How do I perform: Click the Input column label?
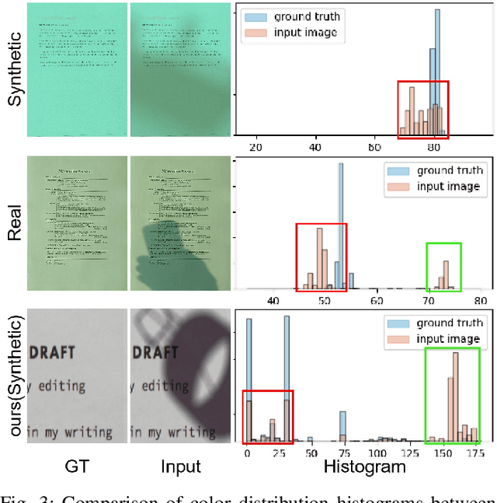pyautogui.click(x=180, y=467)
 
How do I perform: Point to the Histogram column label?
pyautogui.click(x=364, y=467)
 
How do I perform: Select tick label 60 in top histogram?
pyautogui.click(x=375, y=145)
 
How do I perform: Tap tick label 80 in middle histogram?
pyautogui.click(x=479, y=300)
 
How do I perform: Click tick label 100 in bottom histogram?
pyautogui.click(x=377, y=453)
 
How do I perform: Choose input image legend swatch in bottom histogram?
pyautogui.click(x=398, y=340)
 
